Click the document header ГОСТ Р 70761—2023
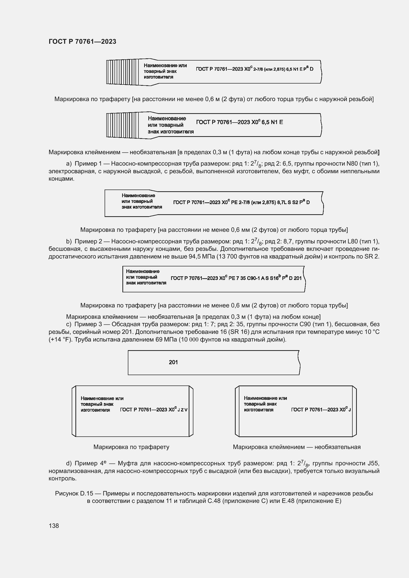[82, 42]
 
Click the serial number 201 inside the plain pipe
[173, 362]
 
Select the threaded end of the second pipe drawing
[122, 125]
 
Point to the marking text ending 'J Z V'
[154, 410]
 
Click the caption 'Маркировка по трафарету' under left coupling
[131, 447]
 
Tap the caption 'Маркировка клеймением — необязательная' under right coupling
[297, 447]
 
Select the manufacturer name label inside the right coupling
[265, 404]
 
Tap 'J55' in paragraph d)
[373, 463]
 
